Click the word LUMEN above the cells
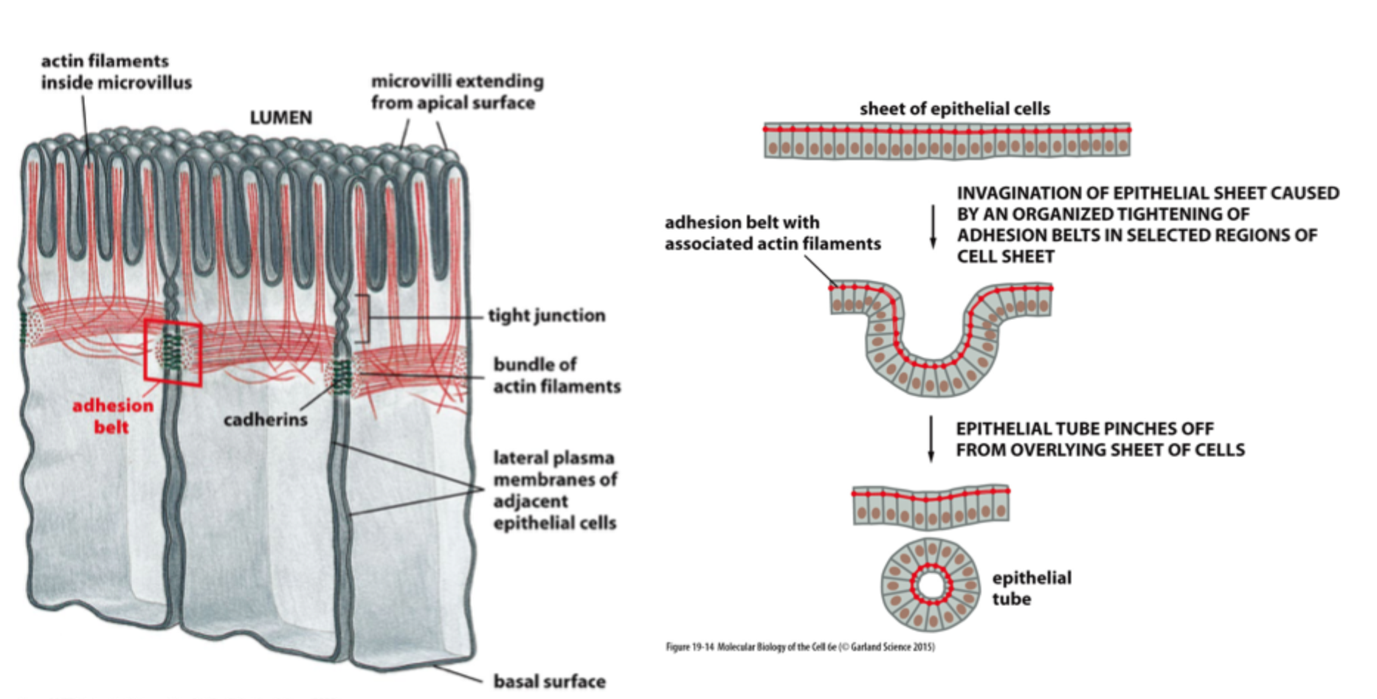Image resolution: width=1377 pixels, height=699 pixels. click(280, 118)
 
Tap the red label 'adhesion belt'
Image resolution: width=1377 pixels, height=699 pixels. click(112, 416)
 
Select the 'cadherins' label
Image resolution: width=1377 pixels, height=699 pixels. click(265, 420)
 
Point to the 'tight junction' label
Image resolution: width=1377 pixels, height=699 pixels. click(546, 316)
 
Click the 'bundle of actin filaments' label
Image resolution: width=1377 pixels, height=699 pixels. click(556, 375)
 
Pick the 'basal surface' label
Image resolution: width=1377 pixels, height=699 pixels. click(549, 681)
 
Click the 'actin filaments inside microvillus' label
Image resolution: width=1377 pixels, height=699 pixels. click(116, 72)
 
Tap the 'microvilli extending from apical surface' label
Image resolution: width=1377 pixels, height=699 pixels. click(457, 91)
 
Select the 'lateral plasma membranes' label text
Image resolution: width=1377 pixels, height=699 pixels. click(554, 490)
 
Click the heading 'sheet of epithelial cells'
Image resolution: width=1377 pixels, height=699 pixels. click(954, 109)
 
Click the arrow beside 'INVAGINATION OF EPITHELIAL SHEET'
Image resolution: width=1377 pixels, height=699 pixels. click(933, 226)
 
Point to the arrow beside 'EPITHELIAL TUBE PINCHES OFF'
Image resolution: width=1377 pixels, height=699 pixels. click(931, 439)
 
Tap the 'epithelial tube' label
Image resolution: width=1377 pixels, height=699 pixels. click(1031, 588)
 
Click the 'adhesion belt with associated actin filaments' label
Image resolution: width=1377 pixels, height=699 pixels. click(772, 233)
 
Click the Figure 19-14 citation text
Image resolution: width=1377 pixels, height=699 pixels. click(800, 647)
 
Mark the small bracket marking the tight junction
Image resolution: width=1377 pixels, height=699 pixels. click(363, 318)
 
